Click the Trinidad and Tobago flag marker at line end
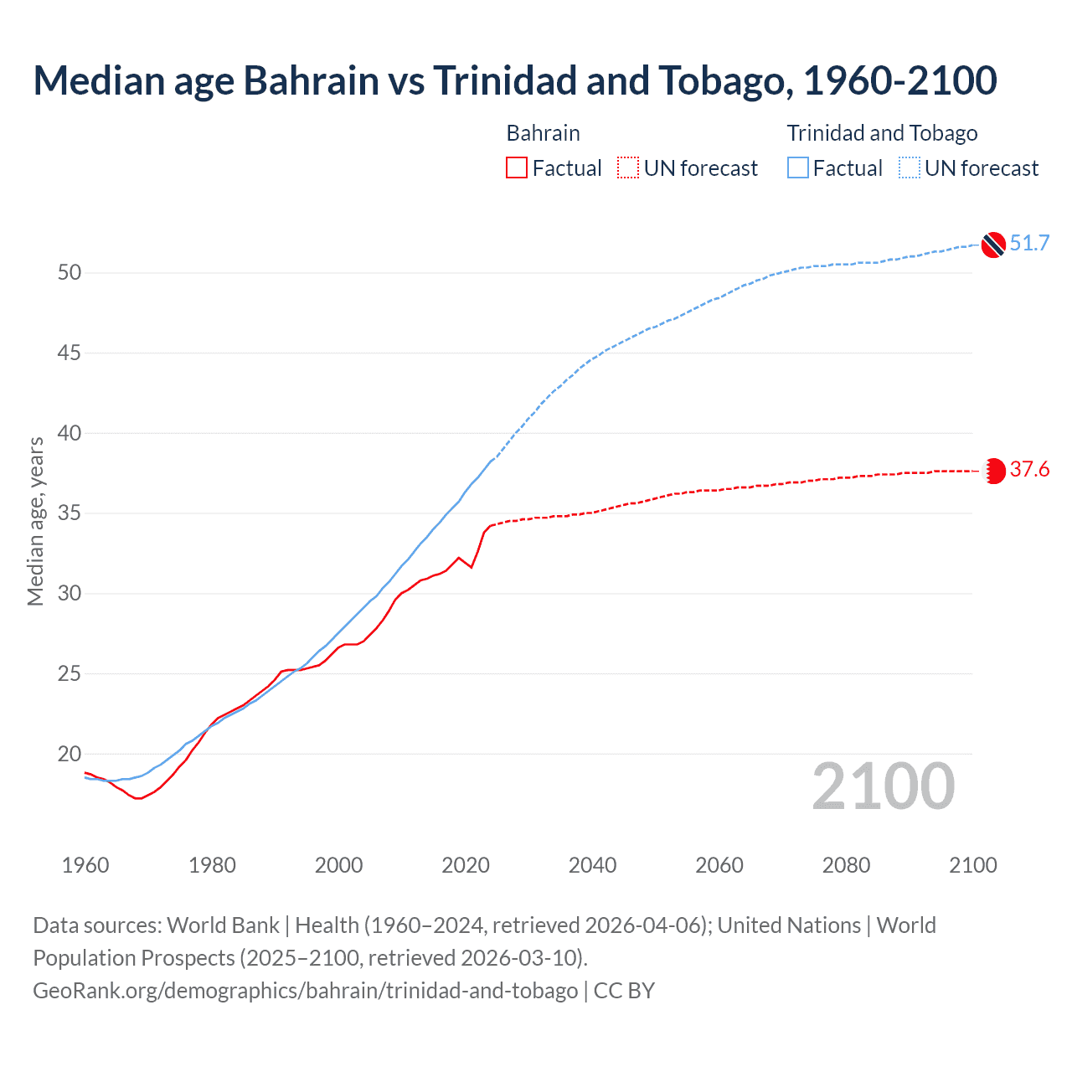tap(993, 245)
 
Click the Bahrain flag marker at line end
tap(994, 471)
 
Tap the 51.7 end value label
tap(1029, 244)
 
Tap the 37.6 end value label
tap(1029, 470)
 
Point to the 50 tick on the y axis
tap(70, 273)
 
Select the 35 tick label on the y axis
tap(70, 513)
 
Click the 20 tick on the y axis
tap(70, 754)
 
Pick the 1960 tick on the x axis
tap(85, 865)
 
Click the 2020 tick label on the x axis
tap(466, 865)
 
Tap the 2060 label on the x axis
tap(719, 865)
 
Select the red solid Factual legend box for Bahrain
tap(517, 168)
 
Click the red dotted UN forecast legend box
tap(628, 168)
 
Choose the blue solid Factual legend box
tap(798, 168)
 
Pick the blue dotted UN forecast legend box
tap(910, 168)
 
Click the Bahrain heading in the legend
tap(543, 133)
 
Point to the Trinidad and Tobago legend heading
tap(882, 133)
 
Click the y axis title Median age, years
tap(35, 521)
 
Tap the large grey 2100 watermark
tap(884, 786)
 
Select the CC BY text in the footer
tap(624, 991)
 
